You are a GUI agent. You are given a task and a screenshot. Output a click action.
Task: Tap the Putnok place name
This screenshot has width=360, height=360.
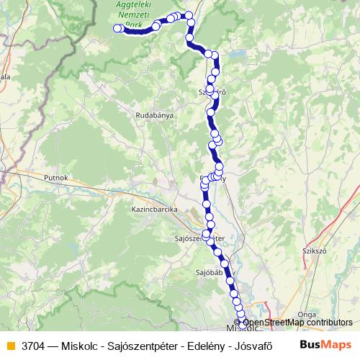coord(55,176)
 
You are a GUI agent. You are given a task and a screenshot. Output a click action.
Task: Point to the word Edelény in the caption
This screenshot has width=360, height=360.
coord(202,346)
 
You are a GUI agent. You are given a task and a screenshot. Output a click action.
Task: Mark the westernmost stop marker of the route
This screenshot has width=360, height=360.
coord(118,29)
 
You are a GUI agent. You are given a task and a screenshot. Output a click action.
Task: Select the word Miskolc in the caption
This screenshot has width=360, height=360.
coord(80,346)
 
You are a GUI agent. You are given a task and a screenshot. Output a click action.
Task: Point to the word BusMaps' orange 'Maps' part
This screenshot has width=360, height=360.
coord(336,345)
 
